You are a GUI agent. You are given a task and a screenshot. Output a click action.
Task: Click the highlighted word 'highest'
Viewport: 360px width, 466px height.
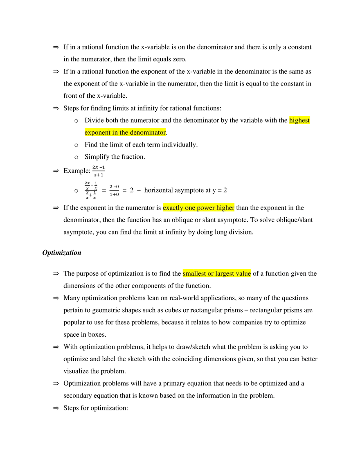point(299,121)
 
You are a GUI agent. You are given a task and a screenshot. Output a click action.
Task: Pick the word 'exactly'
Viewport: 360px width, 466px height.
point(173,208)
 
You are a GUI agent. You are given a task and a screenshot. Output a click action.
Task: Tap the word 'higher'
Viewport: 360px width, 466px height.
point(225,208)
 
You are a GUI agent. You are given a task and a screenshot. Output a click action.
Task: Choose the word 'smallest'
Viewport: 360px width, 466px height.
point(194,274)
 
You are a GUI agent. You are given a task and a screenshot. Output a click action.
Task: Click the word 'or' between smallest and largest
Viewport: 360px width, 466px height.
point(210,274)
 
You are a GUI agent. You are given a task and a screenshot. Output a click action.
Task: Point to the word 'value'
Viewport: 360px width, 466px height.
point(243,274)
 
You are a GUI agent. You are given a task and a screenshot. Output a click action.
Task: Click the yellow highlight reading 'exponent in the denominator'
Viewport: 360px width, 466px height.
point(124,133)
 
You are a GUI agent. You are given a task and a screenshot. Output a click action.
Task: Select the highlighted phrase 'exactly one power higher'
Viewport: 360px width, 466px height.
point(198,208)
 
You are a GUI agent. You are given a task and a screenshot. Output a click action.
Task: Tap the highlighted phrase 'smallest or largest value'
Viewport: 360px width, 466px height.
point(216,274)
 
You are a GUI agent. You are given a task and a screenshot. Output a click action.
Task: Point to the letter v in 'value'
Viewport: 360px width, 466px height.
point(238,274)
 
